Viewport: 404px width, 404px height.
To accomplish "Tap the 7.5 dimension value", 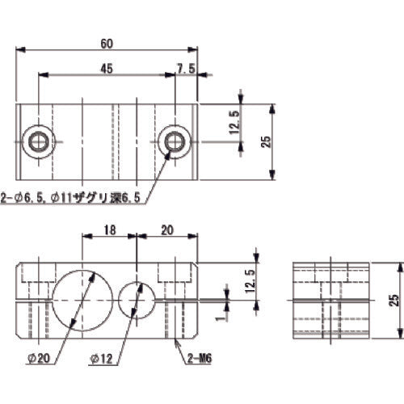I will point(186,69).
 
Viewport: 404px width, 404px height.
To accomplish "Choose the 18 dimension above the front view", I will point(110,229).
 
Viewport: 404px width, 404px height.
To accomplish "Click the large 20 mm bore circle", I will point(81,301).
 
